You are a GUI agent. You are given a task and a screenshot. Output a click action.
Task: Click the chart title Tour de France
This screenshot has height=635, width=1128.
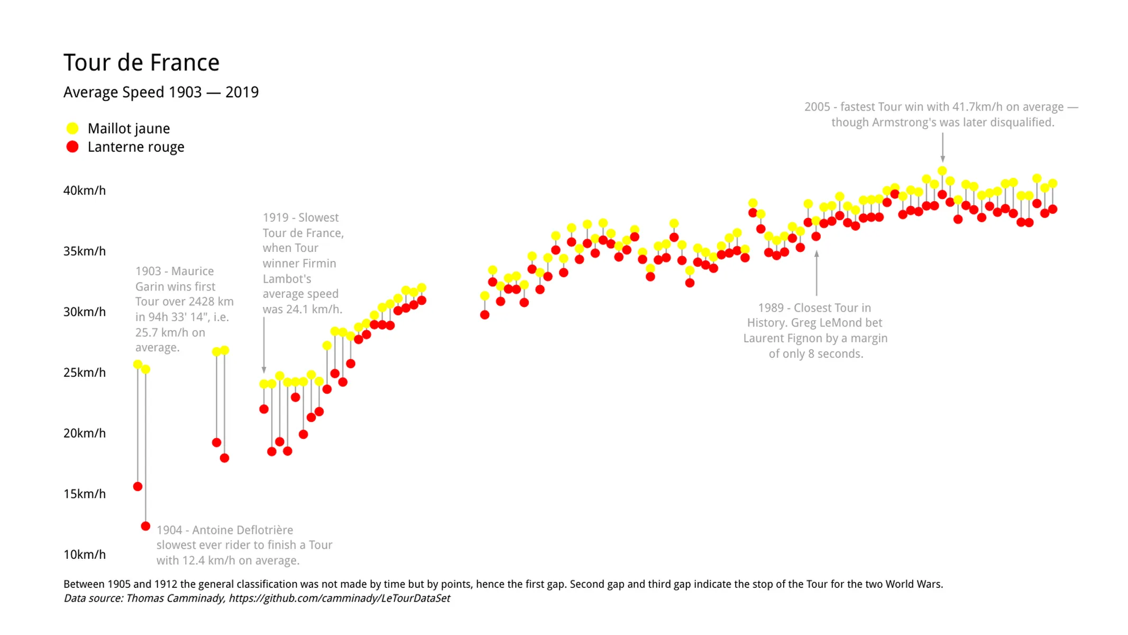pyautogui.click(x=141, y=62)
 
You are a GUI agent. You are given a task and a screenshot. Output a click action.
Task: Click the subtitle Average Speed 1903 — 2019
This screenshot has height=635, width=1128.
pyautogui.click(x=161, y=92)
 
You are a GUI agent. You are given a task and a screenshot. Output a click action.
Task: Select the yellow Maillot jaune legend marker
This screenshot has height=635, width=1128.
pyautogui.click(x=72, y=129)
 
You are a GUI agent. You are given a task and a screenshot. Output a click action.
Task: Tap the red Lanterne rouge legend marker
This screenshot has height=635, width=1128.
pyautogui.click(x=72, y=147)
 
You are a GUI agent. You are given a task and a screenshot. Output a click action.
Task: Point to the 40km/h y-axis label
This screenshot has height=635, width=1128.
pyautogui.click(x=85, y=190)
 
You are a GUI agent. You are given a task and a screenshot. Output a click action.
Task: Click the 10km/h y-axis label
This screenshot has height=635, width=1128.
pyautogui.click(x=85, y=555)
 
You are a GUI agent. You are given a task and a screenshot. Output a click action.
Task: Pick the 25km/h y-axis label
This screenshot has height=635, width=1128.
pyautogui.click(x=85, y=373)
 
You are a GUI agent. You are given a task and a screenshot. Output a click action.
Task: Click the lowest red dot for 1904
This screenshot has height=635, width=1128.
pyautogui.click(x=145, y=526)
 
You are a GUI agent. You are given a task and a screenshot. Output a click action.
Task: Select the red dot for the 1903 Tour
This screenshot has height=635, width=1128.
pyautogui.click(x=137, y=486)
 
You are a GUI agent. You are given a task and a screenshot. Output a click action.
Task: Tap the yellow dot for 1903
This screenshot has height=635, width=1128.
pyautogui.click(x=137, y=364)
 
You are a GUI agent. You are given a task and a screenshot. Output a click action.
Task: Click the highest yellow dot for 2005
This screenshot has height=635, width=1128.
pyautogui.click(x=942, y=170)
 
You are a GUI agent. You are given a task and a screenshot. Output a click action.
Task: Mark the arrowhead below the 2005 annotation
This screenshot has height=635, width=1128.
pyautogui.click(x=942, y=158)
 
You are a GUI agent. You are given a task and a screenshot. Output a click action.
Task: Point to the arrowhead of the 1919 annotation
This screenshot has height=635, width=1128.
pyautogui.click(x=264, y=370)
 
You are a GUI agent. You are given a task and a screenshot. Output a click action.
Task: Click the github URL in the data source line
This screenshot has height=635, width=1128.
pyautogui.click(x=339, y=598)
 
